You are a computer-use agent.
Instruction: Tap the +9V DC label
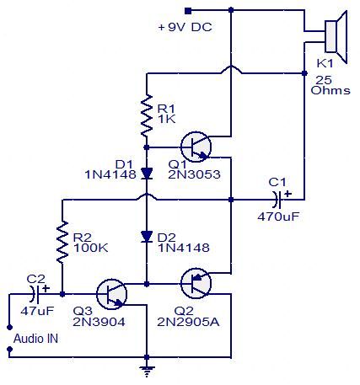click(x=185, y=27)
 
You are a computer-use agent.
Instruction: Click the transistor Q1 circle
click(x=198, y=146)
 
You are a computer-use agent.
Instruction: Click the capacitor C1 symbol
click(x=278, y=201)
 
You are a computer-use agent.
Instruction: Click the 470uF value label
click(x=277, y=217)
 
